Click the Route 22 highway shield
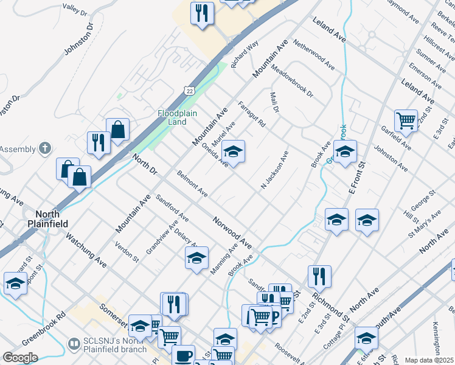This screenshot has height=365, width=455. [190, 90]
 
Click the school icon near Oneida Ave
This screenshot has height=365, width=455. [233, 151]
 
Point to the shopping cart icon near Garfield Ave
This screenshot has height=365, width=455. [406, 120]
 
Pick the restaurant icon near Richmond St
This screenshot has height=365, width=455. [319, 276]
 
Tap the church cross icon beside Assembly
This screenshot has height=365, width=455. [44, 148]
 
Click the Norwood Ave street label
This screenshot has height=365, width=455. [232, 232]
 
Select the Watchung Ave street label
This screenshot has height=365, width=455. [86, 251]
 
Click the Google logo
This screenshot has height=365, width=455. [20, 358]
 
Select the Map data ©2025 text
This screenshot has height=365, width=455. [429, 360]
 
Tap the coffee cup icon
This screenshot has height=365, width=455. [183, 356]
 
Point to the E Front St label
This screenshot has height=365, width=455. [356, 178]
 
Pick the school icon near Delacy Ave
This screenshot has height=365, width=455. [196, 259]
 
